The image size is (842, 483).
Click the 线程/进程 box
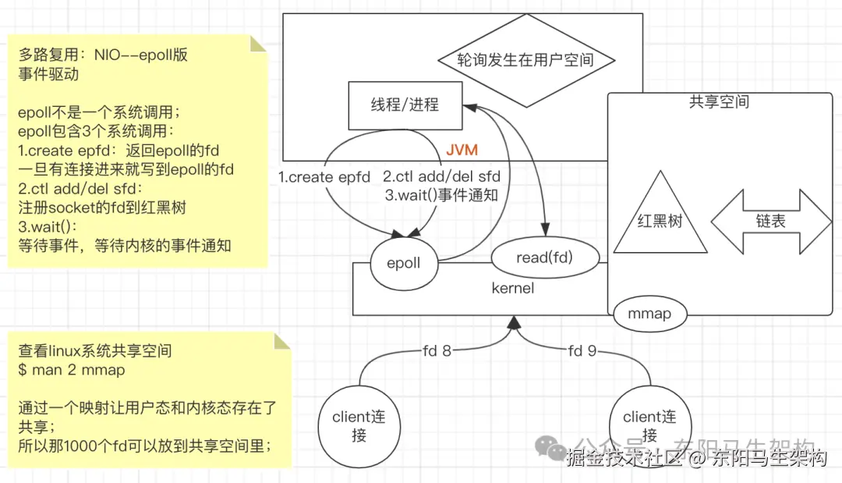pos(405,105)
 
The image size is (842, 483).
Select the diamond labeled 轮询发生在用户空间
pos(525,60)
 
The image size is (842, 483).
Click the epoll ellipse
pos(403,262)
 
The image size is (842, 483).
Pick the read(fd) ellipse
pos(544,257)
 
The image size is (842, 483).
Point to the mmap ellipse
pos(650,315)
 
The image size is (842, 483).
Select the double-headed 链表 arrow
pos(771,221)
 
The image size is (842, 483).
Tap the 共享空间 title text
pos(719,101)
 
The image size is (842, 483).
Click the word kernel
pos(513,288)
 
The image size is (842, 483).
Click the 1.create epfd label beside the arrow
pos(324,177)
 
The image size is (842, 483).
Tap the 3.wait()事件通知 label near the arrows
pos(441,195)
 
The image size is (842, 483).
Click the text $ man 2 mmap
pos(71,370)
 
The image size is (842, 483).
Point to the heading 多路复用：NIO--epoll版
pos(103,55)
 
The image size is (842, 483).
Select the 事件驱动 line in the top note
pos(48,74)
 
